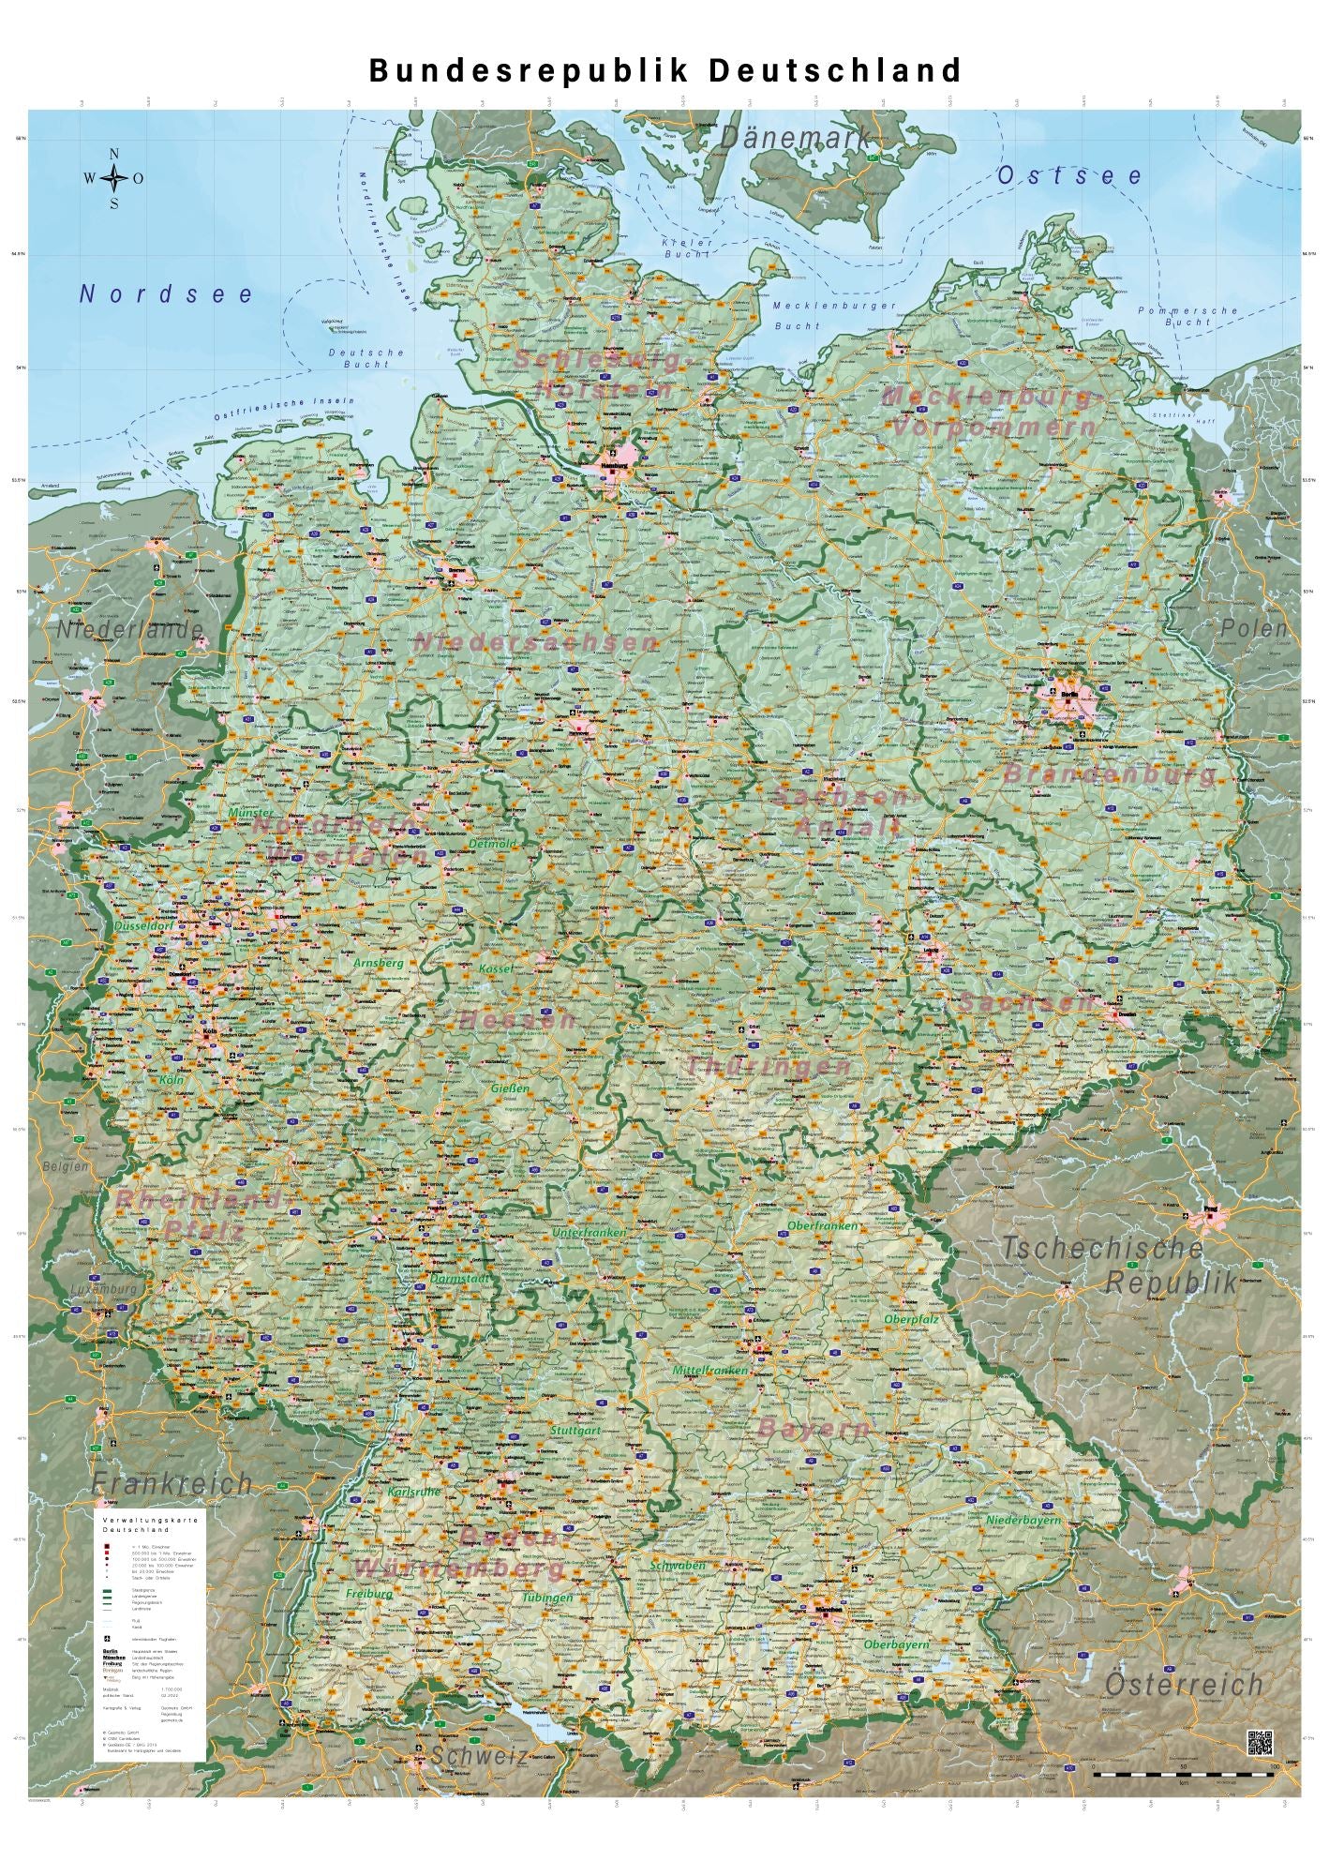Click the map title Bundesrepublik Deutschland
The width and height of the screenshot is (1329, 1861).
pyautogui.click(x=665, y=71)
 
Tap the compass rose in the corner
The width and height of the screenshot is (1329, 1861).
pyautogui.click(x=114, y=178)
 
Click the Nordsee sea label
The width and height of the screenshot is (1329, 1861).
pyautogui.click(x=167, y=294)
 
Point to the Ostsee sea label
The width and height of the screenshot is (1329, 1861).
pyautogui.click(x=1070, y=176)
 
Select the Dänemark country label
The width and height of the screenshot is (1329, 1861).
pyautogui.click(x=797, y=138)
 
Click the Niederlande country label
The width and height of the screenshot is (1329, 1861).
pyautogui.click(x=129, y=630)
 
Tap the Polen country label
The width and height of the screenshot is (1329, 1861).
pyautogui.click(x=1254, y=629)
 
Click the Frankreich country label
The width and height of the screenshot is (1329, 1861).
pyautogui.click(x=172, y=1483)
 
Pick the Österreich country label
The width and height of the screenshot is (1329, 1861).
pyautogui.click(x=1185, y=1685)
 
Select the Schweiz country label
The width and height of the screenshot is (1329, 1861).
pyautogui.click(x=479, y=1756)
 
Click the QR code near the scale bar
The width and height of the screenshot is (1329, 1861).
pyautogui.click(x=1260, y=1744)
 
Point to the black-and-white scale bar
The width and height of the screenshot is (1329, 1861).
pyautogui.click(x=1184, y=1775)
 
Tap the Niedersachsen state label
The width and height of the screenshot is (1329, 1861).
pyautogui.click(x=536, y=643)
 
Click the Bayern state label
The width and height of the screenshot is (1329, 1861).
pyautogui.click(x=814, y=1429)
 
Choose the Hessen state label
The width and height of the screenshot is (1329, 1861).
pyautogui.click(x=518, y=1020)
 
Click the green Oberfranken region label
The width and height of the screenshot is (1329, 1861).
pyautogui.click(x=822, y=1225)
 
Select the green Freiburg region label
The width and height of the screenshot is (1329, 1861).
pyautogui.click(x=368, y=1593)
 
